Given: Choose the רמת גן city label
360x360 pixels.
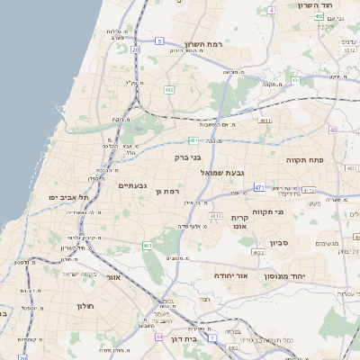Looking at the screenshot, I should click(168, 191).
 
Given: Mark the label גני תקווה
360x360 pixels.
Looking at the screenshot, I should click(269, 212).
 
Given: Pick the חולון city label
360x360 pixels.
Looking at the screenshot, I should click(85, 306).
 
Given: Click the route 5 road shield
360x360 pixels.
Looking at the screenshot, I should click(159, 41).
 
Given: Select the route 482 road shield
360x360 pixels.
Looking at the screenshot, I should click(169, 90).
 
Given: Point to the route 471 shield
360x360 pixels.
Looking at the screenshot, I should click(258, 187).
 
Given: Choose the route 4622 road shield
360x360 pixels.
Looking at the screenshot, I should click(258, 253).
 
